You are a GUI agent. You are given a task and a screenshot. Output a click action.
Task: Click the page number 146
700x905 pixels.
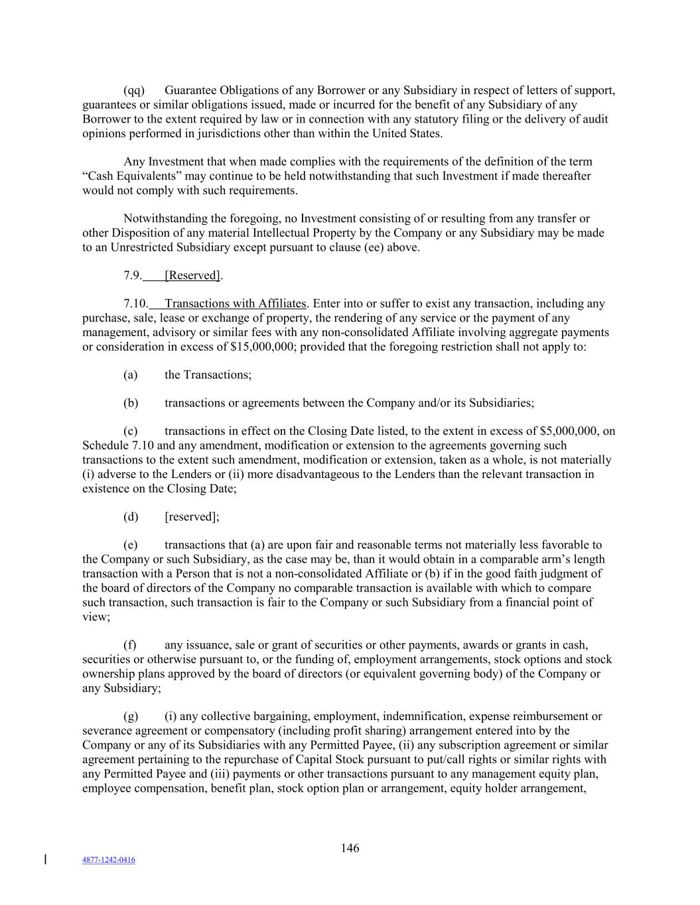tap(350, 848)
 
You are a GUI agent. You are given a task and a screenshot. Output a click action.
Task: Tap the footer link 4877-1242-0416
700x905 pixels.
tap(108, 860)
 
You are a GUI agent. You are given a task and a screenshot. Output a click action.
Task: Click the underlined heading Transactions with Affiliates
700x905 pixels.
tap(235, 304)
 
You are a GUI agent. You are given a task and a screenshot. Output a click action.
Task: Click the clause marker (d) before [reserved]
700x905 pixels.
tap(131, 516)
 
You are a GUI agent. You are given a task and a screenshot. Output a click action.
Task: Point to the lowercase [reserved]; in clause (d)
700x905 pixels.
tap(192, 516)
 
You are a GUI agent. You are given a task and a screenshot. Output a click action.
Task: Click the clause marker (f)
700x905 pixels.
tap(130, 645)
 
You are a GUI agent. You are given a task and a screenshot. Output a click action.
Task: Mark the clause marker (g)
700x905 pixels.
tap(131, 716)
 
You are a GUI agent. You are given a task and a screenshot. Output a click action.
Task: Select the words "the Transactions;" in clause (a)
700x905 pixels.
tap(208, 375)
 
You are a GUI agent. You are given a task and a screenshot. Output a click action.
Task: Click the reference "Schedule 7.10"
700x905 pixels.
tap(118, 446)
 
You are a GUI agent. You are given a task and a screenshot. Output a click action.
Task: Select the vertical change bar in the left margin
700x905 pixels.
tap(45, 860)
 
